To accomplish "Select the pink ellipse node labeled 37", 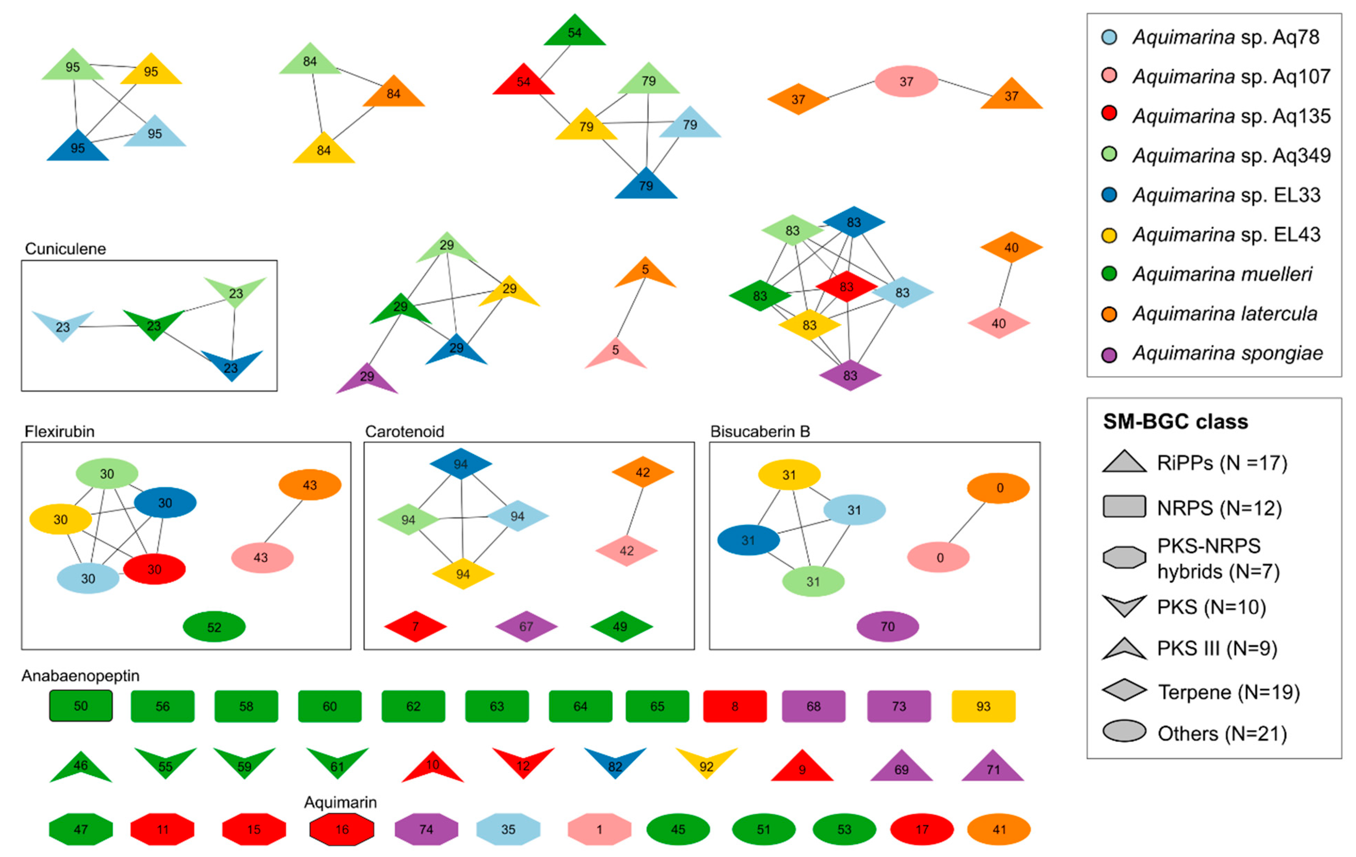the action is point(906,82).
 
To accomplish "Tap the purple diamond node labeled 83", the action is point(850,375).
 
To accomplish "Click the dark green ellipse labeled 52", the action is point(214,627).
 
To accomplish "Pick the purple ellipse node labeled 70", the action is point(887,626).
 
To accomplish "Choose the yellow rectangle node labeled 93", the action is point(983,706).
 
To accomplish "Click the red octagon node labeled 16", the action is point(342,829).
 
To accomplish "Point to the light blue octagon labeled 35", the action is point(508,829).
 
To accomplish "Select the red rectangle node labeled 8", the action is point(735,706).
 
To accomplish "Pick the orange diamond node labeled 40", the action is point(1011,248).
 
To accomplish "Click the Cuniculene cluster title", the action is point(65,249).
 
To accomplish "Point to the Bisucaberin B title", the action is point(760,431).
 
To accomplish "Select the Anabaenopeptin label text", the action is point(81,675).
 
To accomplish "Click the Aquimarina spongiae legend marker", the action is point(1109,354).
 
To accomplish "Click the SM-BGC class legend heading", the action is point(1175,421).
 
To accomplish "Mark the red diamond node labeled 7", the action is point(415,626).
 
